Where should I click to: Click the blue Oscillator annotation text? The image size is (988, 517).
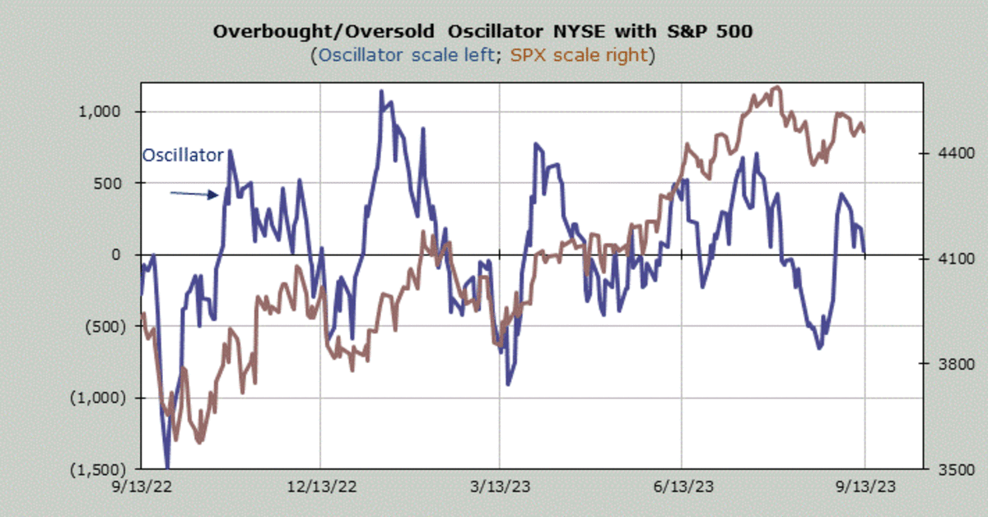[183, 155]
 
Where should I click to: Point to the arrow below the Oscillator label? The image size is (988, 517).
[194, 194]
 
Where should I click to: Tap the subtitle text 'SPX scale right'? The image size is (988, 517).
[581, 56]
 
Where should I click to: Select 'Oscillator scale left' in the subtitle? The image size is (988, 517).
[407, 56]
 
